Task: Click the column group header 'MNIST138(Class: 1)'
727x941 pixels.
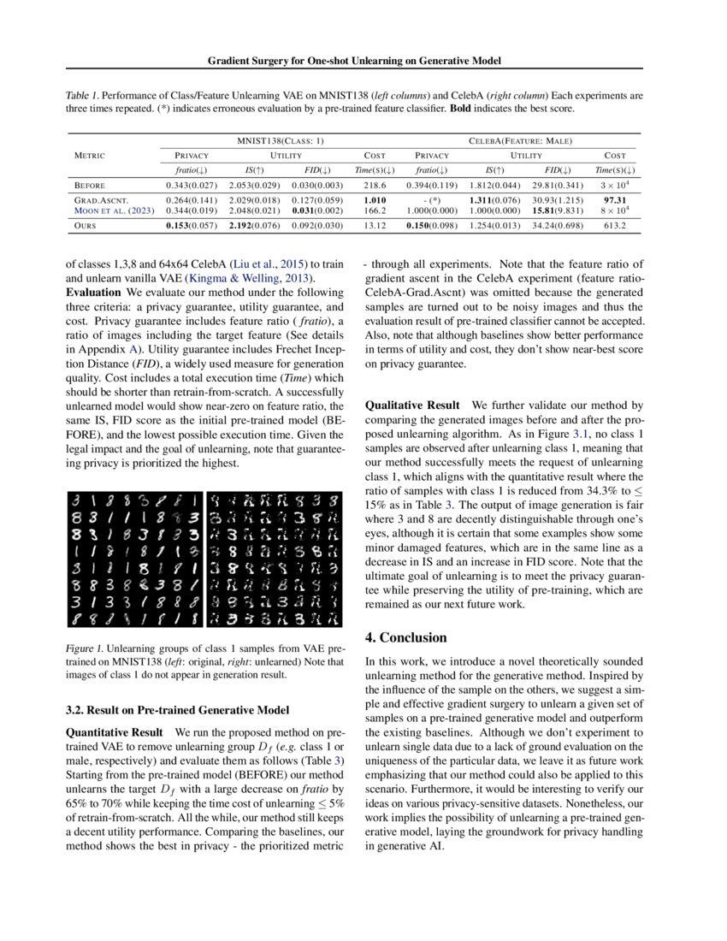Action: point(281,139)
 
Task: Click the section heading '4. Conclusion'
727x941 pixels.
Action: point(405,637)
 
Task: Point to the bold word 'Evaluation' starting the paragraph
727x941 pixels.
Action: point(93,292)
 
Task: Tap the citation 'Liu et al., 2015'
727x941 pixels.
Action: point(256,265)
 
